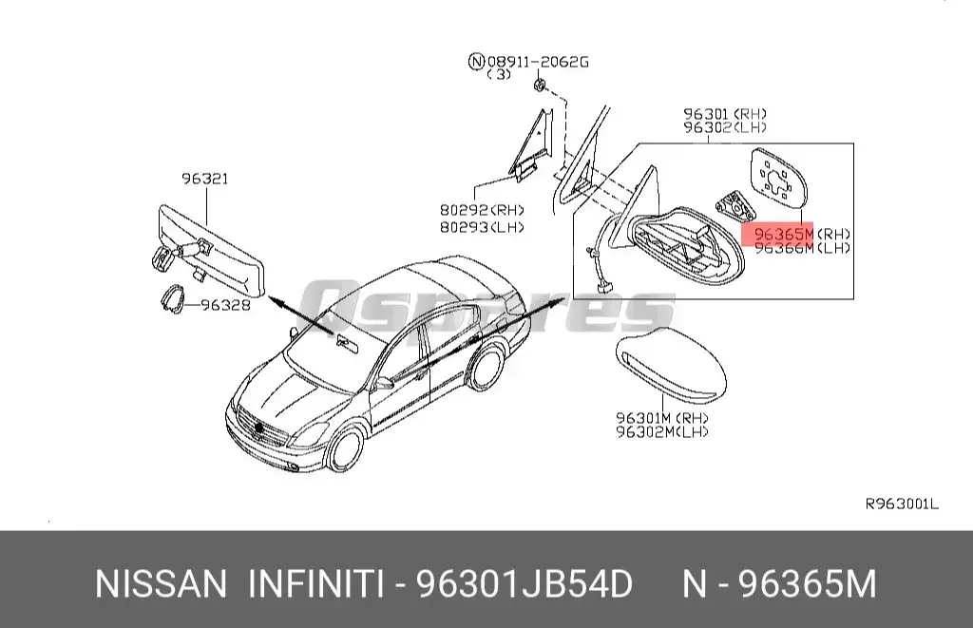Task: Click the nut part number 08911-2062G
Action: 539,62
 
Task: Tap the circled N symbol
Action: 476,62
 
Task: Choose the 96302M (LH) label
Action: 662,432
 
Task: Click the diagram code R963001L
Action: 901,504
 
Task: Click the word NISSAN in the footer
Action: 161,584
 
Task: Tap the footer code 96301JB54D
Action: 525,584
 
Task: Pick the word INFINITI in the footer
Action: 315,584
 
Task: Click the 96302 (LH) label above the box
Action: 725,126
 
